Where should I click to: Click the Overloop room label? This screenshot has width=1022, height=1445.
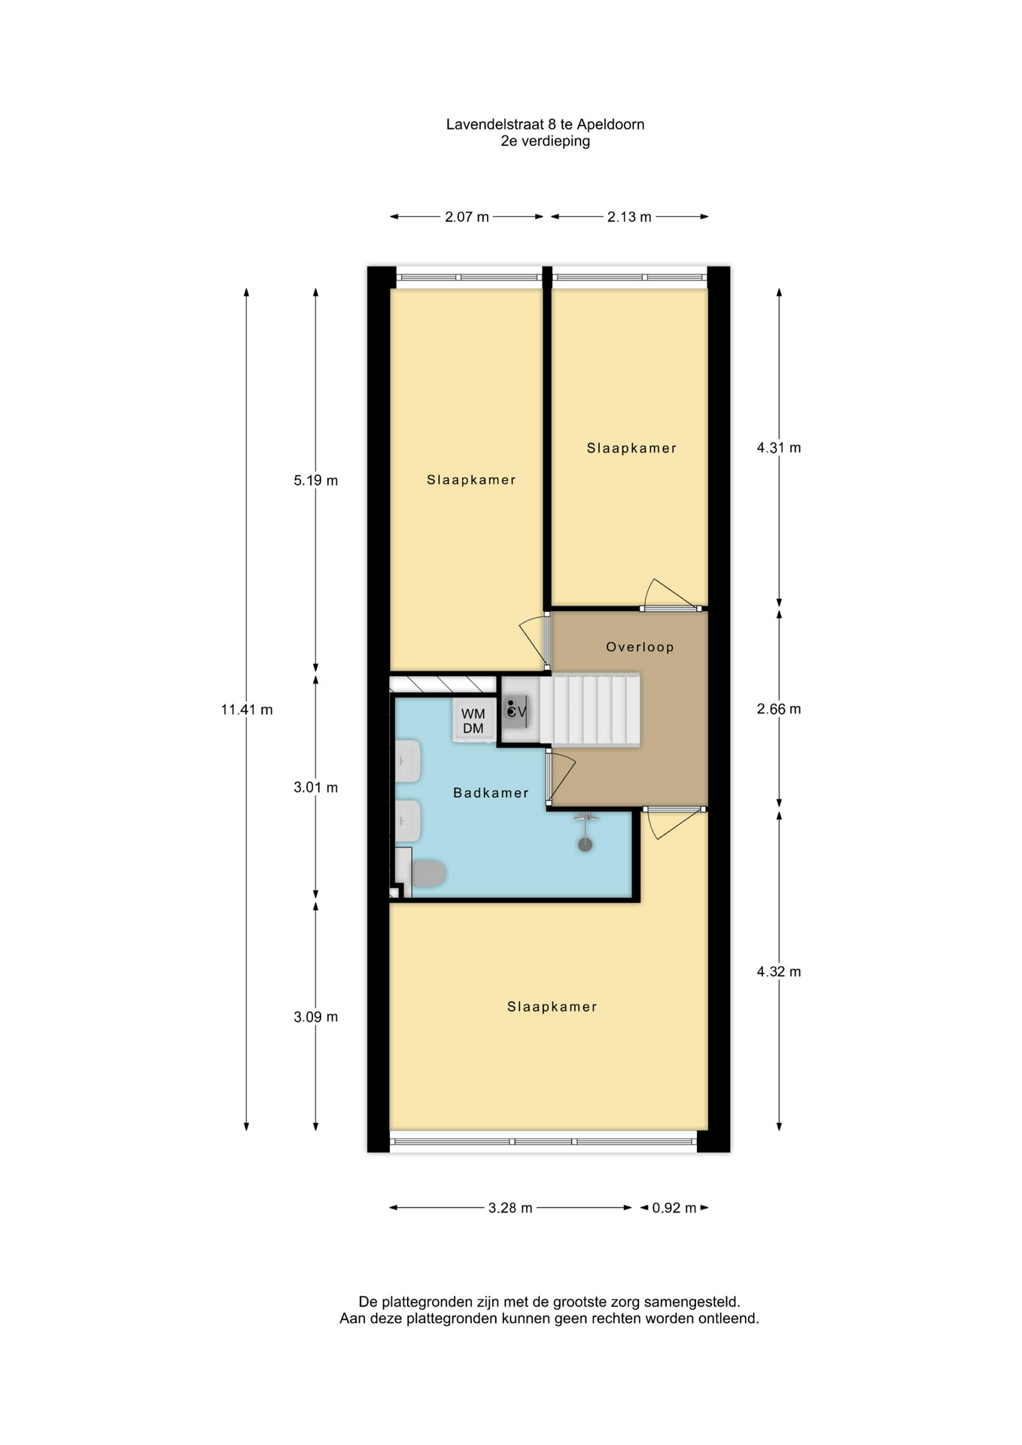coord(640,646)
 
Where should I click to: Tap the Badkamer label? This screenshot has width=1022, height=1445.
coord(491,792)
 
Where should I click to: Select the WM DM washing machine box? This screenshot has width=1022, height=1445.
coord(473,720)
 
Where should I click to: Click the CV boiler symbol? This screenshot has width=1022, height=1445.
coord(516,710)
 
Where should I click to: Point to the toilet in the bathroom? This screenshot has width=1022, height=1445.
coord(427,873)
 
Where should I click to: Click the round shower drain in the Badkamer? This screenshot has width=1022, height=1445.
coord(585,844)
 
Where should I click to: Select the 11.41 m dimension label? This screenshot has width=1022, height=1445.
coord(247,709)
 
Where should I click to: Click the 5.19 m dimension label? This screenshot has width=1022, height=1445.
coord(315,480)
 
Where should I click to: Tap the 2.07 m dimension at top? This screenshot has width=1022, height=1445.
coord(467,217)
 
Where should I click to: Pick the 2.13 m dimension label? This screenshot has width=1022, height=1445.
coord(629,217)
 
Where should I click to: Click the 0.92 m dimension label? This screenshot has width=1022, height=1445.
coord(674,1208)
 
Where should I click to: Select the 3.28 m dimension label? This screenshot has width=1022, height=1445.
coord(510,1208)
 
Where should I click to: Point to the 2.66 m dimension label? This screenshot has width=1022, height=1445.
coord(779,709)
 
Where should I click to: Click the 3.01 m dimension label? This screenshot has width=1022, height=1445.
coord(315,787)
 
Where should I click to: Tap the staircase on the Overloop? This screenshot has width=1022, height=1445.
coord(590,710)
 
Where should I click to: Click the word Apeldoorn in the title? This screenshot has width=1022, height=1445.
coord(610,124)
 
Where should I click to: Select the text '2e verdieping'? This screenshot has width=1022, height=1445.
coord(546,141)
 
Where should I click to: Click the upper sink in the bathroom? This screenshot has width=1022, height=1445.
coord(407,761)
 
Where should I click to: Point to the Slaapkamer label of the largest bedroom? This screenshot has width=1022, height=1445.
coord(552,1007)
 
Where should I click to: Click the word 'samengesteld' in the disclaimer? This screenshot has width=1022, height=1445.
coord(693,1301)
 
